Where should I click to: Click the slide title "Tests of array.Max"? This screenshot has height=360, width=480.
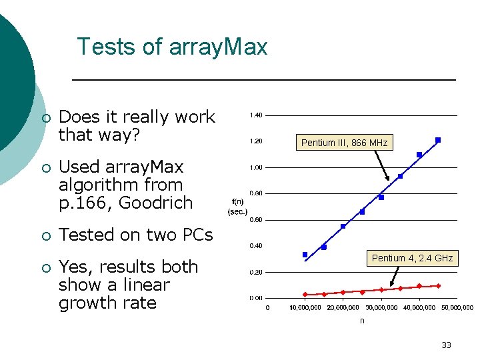(172, 47)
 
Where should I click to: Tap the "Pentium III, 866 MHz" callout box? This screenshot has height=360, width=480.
(344, 143)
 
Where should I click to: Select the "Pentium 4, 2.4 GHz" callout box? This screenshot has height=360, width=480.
(412, 258)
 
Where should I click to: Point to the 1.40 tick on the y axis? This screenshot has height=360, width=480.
(256, 115)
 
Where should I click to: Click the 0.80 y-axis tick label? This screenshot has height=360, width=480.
(256, 193)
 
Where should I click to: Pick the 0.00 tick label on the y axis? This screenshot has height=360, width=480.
(256, 298)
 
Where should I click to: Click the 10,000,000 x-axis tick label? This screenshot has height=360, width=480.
(305, 308)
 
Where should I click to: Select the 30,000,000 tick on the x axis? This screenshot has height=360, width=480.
(381, 308)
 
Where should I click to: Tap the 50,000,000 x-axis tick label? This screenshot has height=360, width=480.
(457, 308)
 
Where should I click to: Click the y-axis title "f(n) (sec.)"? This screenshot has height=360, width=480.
(237, 206)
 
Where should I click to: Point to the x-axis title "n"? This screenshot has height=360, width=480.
(362, 321)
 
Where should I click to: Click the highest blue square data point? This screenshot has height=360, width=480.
(438, 140)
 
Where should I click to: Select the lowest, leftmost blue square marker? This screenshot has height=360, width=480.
(305, 255)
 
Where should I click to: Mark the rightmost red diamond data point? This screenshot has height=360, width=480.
(438, 286)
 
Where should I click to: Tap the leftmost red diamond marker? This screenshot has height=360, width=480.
(305, 294)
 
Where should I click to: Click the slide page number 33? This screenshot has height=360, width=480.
(446, 345)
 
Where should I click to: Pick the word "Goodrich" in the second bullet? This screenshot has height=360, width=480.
(155, 203)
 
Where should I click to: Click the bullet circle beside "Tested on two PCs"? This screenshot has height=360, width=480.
(45, 236)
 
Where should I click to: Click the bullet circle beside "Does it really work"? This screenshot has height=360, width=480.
(45, 118)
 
